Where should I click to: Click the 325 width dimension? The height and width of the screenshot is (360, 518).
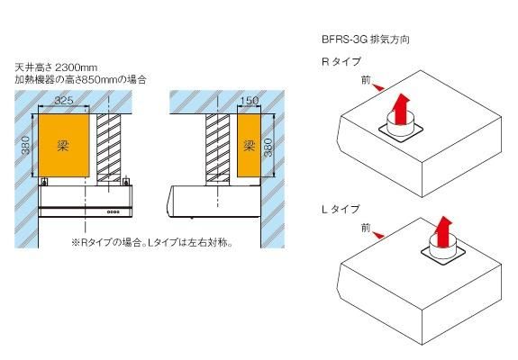click(x=64, y=100)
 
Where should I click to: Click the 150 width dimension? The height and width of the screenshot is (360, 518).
click(x=250, y=100)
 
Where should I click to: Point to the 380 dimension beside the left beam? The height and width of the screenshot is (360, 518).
click(x=26, y=146)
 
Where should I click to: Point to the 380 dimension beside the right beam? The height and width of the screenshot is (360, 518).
click(x=268, y=148)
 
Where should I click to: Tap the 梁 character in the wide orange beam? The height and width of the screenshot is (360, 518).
click(x=63, y=146)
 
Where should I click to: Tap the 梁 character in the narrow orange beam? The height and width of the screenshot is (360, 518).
click(x=249, y=145)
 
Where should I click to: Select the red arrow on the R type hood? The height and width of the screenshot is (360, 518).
click(x=400, y=109)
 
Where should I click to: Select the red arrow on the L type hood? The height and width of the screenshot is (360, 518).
click(x=443, y=232)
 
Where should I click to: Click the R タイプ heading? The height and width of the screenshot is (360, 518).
click(x=341, y=62)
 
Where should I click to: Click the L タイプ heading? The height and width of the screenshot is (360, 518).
click(x=341, y=209)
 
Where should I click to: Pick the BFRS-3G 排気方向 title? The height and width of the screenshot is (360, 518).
click(x=366, y=40)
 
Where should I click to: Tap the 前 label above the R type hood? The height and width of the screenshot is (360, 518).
click(x=366, y=80)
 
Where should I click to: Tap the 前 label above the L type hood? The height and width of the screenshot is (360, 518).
click(x=366, y=228)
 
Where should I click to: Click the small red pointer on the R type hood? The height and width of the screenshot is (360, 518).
click(x=378, y=87)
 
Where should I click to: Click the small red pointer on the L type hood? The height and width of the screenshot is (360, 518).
click(x=378, y=235)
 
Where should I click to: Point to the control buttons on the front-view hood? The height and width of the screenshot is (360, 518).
click(x=114, y=211)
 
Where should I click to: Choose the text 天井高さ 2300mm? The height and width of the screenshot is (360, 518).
click(x=56, y=67)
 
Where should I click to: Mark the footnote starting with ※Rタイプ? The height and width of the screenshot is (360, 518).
click(x=152, y=243)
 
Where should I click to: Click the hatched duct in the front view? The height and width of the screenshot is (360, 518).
click(x=109, y=148)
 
